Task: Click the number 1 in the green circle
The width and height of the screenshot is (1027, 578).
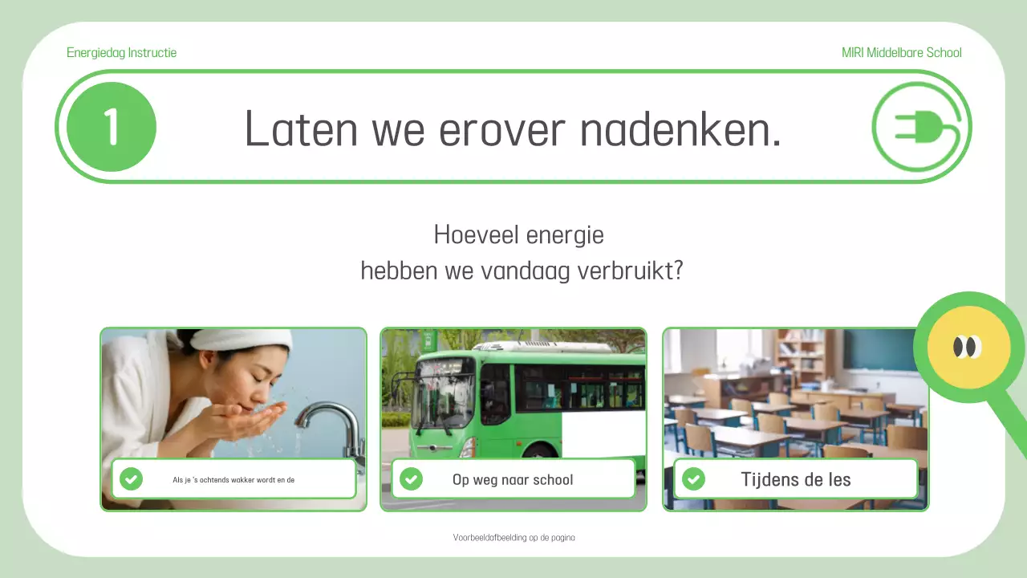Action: coord(111,127)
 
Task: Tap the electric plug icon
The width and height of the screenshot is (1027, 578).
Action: coord(919,127)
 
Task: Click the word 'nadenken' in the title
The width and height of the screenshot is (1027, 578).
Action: coord(680,128)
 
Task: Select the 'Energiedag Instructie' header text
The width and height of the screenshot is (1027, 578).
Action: coord(121,53)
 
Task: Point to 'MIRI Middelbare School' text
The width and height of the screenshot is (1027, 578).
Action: coord(901,53)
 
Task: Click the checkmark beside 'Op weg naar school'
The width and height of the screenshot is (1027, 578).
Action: coord(411,479)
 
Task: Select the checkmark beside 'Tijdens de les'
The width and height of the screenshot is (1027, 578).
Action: coord(693,479)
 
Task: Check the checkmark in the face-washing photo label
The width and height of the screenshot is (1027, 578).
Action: coord(131,479)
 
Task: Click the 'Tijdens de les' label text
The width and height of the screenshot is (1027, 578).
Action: coord(795,479)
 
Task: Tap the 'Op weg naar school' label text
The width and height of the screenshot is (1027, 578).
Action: coord(513,480)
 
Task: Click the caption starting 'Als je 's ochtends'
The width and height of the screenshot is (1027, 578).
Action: coord(233,480)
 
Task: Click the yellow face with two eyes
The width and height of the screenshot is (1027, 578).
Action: coord(968,347)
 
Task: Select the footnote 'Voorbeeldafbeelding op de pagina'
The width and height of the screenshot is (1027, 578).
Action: coord(513,538)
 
